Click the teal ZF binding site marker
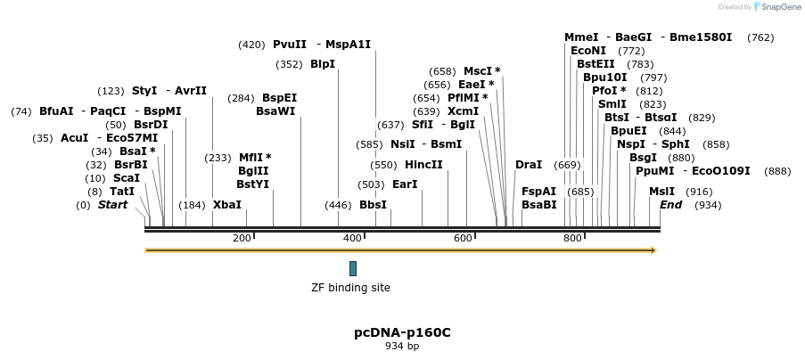[353, 268]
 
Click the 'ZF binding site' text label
[350, 288]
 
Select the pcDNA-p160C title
[402, 332]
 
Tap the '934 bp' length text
[402, 346]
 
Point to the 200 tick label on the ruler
[242, 238]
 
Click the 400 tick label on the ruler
[352, 238]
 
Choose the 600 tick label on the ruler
[463, 238]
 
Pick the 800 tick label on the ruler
[572, 238]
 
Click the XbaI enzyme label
[226, 205]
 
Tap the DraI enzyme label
[528, 165]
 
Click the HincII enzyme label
[423, 165]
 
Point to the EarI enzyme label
[405, 184]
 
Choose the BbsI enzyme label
[373, 205]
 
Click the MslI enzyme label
[661, 192]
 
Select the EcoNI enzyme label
[588, 51]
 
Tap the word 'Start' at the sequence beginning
[112, 205]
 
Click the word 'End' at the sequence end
[670, 205]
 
